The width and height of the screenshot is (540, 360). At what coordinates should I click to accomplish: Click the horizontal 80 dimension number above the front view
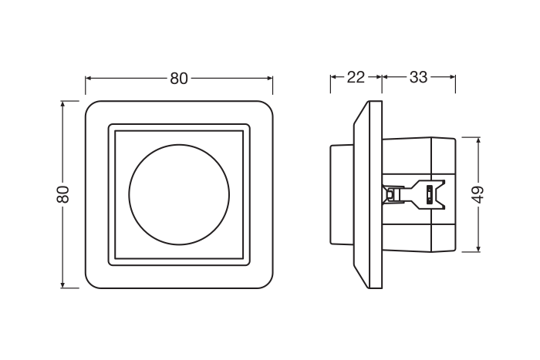click(179, 78)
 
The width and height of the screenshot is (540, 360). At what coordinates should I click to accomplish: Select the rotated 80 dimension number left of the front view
click(64, 194)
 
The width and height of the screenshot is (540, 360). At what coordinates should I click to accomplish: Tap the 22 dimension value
click(356, 77)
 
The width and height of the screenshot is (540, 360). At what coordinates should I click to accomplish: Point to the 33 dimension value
click(418, 77)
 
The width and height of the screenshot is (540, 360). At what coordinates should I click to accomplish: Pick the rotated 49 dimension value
click(478, 194)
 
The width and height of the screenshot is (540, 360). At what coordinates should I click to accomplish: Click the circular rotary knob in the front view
click(179, 194)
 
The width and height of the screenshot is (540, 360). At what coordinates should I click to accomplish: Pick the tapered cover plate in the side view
click(368, 194)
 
